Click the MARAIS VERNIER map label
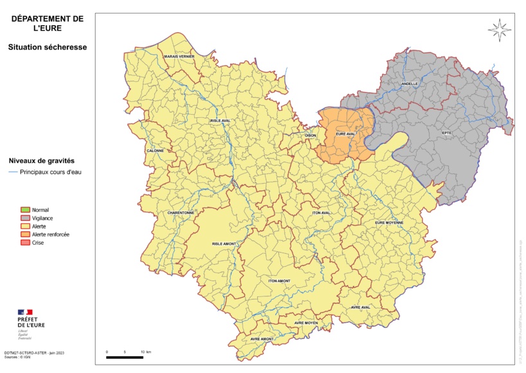pos(179,57)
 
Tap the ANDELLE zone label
pos(410,84)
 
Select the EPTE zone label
pos(446,133)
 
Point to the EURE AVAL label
pos(345,134)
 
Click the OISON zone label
pos(311,135)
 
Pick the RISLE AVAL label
pos(220,120)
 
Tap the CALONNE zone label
pos(156,151)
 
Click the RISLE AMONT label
pos(224,244)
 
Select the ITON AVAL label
pos(321,213)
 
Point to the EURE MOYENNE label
pos(389,223)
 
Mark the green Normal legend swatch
pos(26,210)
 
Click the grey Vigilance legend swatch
pos(26,218)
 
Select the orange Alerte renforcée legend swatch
pos(26,234)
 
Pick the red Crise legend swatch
pos(26,242)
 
